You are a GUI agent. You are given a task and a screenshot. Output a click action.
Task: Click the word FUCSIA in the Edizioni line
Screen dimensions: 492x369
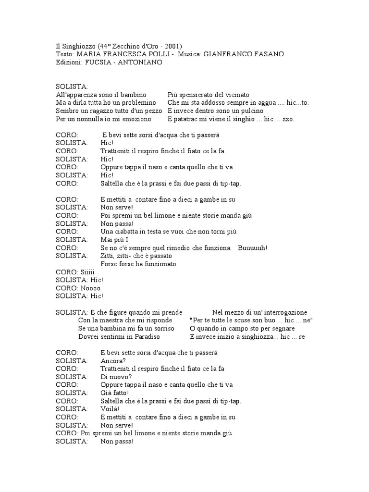(x=98, y=62)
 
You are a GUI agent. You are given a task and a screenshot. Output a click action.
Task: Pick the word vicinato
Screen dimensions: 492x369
(x=235, y=95)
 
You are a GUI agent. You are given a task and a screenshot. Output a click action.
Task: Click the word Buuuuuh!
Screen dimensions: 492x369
(x=253, y=248)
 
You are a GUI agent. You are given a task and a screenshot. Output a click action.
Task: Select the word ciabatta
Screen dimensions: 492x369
(x=128, y=232)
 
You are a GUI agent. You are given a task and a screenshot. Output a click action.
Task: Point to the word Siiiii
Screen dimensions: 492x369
(x=87, y=272)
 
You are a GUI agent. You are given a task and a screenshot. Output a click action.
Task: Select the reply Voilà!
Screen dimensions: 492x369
(x=111, y=409)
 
